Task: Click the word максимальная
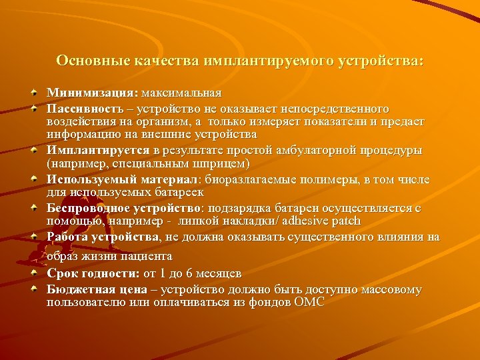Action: click(x=181, y=93)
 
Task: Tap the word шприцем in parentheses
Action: click(x=226, y=163)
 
